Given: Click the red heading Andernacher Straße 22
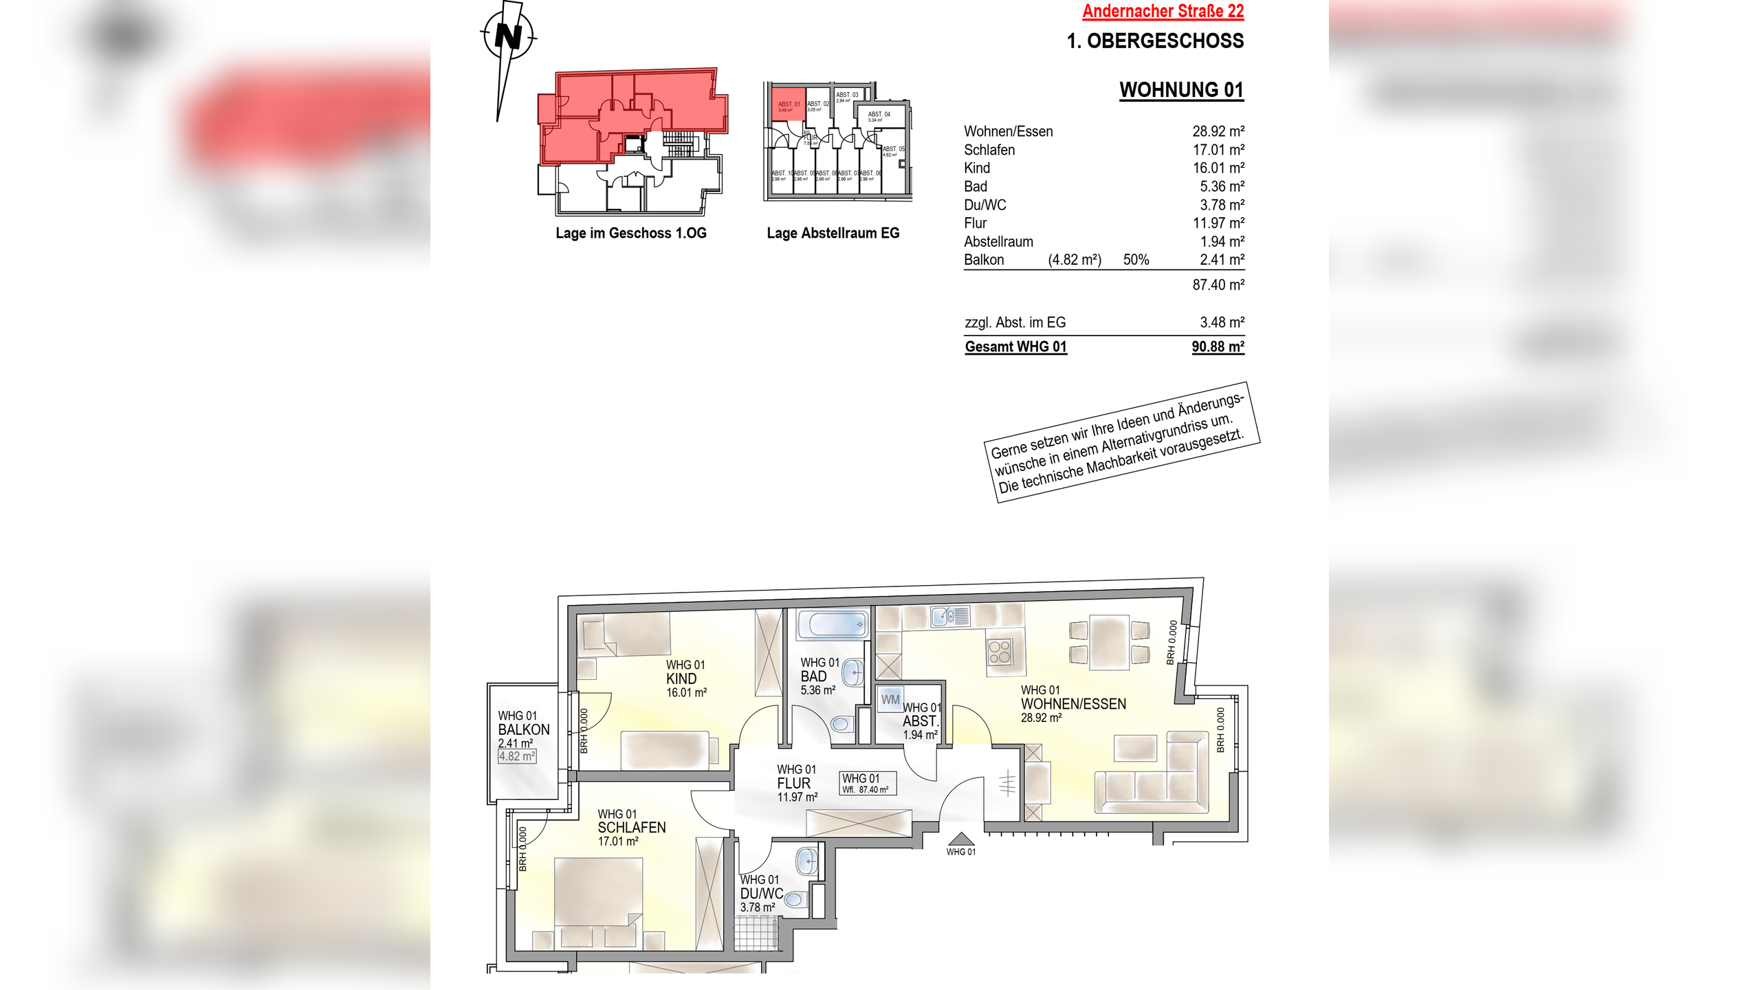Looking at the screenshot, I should pyautogui.click(x=1163, y=11).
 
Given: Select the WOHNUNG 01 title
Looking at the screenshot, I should pyautogui.click(x=1181, y=90).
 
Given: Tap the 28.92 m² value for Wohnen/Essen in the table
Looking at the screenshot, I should pyautogui.click(x=1218, y=131).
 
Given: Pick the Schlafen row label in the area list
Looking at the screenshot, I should pyautogui.click(x=989, y=150).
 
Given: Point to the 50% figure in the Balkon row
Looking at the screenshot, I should pyautogui.click(x=1136, y=260).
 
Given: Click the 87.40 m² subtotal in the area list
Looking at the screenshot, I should pyautogui.click(x=1218, y=285).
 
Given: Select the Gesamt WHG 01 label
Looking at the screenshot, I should pyautogui.click(x=1015, y=346).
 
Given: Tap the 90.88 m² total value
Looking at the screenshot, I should pyautogui.click(x=1218, y=346).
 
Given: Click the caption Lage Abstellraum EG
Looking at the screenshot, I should pyautogui.click(x=833, y=233).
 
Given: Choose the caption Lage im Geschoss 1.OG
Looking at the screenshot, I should pyautogui.click(x=630, y=233).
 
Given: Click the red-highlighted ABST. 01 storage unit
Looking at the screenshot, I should pyautogui.click(x=788, y=104).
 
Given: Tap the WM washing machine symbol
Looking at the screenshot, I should pyautogui.click(x=890, y=699).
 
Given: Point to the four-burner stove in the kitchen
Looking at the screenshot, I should pyautogui.click(x=1000, y=651).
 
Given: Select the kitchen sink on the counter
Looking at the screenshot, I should pyautogui.click(x=950, y=616).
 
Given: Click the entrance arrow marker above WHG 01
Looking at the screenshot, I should pyautogui.click(x=960, y=839).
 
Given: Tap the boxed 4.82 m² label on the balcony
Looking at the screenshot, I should pyautogui.click(x=517, y=756).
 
